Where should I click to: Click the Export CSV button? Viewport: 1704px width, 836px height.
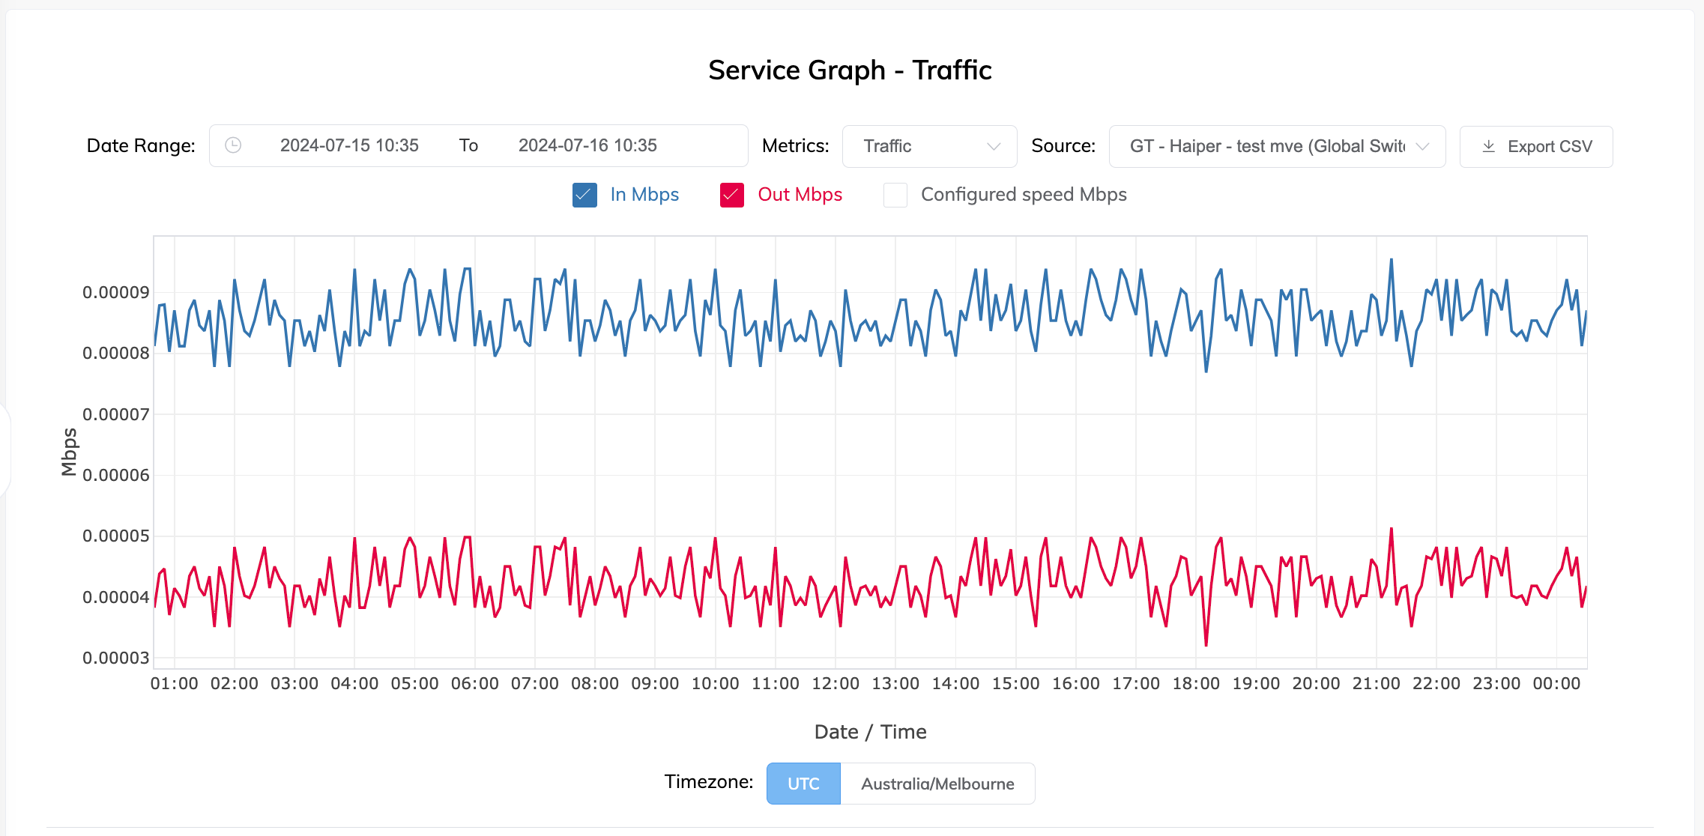click(x=1536, y=147)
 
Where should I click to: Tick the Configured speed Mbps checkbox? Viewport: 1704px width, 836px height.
click(x=895, y=195)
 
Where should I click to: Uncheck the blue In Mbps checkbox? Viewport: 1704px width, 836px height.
click(x=584, y=195)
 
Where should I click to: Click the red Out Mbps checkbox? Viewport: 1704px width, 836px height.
click(x=732, y=195)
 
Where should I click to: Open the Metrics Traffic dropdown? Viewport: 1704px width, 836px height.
click(x=929, y=146)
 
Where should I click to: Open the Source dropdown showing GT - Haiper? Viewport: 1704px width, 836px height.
click(x=1277, y=146)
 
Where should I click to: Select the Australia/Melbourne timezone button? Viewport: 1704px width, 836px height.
click(x=937, y=784)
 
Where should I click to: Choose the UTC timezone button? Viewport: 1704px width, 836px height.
click(x=803, y=784)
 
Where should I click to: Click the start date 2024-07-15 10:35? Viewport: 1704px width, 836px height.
click(x=349, y=145)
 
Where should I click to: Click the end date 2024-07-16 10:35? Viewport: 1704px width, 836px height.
click(x=587, y=145)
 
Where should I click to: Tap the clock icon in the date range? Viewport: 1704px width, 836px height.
click(x=233, y=145)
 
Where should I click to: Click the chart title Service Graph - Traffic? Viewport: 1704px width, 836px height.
click(x=850, y=70)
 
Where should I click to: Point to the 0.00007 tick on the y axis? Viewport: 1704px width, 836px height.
click(x=116, y=414)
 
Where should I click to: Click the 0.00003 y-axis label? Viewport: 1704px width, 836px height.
click(x=116, y=658)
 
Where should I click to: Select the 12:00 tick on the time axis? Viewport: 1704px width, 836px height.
click(x=836, y=683)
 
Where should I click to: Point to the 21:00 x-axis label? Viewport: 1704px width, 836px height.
click(x=1376, y=683)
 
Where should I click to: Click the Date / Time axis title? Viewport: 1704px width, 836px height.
click(x=870, y=732)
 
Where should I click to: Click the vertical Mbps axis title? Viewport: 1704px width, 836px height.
click(x=69, y=452)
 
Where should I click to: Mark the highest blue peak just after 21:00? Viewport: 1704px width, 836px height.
click(x=1392, y=260)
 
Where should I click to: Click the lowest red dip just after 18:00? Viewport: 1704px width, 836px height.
click(x=1206, y=644)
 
